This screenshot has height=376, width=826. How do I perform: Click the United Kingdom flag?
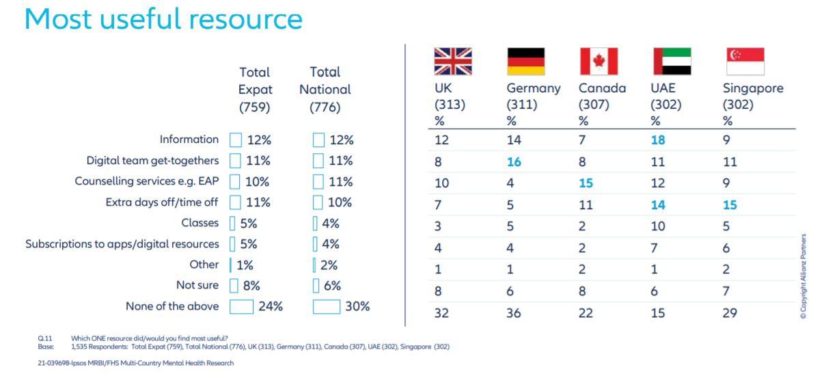click(453, 62)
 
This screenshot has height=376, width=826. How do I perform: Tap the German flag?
click(525, 62)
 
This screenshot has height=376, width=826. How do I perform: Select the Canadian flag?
click(598, 62)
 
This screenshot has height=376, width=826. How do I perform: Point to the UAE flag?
click(672, 62)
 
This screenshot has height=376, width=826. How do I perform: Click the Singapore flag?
click(744, 62)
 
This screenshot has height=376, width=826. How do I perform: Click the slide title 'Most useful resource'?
click(163, 19)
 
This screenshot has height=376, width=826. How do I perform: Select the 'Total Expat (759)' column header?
click(255, 90)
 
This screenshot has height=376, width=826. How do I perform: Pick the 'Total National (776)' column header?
click(325, 90)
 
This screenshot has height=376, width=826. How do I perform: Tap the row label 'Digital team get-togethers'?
click(153, 161)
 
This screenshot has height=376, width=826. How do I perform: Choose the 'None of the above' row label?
click(172, 306)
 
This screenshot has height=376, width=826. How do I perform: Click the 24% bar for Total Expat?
click(241, 307)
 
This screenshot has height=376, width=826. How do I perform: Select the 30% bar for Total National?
click(327, 307)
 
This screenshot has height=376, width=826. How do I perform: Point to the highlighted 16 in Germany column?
click(514, 162)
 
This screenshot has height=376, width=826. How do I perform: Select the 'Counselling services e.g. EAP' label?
click(146, 182)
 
